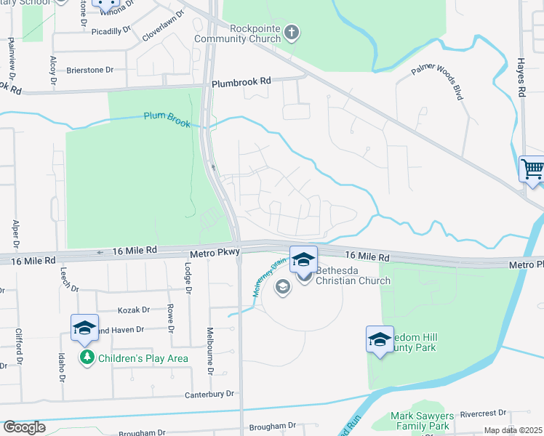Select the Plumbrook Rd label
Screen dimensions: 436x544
coord(241,83)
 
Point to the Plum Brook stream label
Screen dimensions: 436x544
coord(167,118)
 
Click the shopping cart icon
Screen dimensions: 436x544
coord(532,169)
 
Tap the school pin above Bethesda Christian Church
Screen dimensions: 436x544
coord(303,259)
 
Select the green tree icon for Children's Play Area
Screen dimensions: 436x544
coord(87,358)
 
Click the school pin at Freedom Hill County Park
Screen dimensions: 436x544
coord(380,339)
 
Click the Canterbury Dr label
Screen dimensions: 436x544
coord(209,394)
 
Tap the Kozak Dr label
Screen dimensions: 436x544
coord(133,310)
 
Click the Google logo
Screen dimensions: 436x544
coord(24,427)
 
